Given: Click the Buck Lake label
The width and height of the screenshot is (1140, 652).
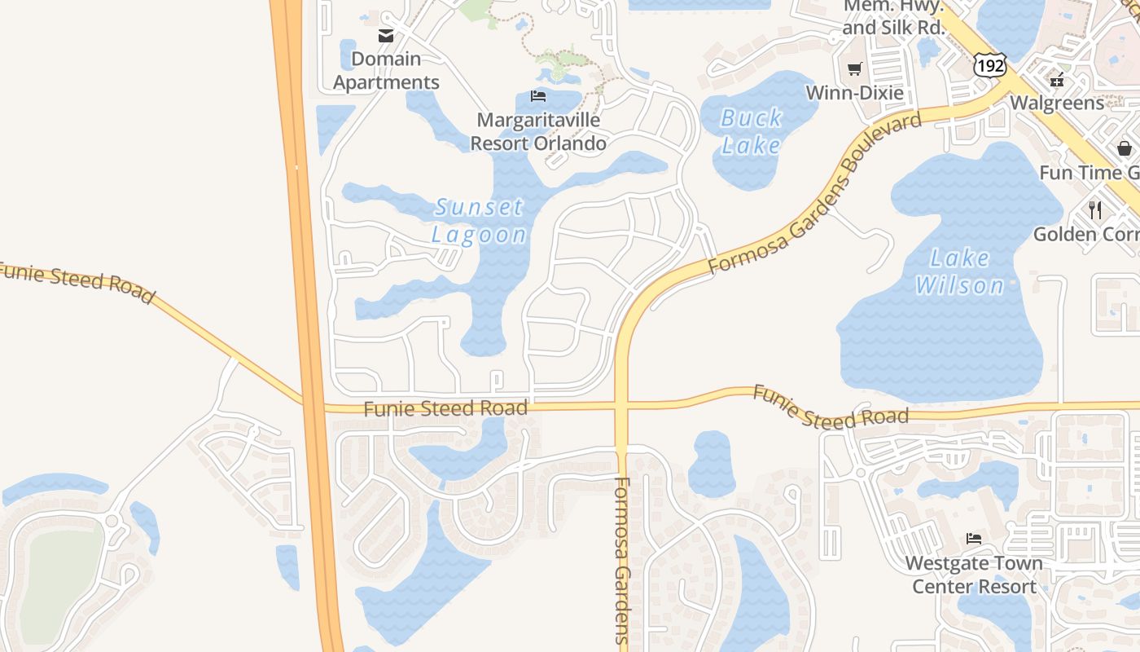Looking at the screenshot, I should [751, 131].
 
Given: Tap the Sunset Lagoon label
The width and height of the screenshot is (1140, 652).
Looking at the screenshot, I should [479, 221].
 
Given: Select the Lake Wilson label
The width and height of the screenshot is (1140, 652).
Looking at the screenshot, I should [960, 271].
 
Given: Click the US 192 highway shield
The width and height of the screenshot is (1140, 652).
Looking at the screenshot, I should [989, 65].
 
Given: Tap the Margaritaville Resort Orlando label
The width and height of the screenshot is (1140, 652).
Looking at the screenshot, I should [538, 131].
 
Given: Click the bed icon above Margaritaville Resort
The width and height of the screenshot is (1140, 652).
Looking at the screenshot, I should [538, 96].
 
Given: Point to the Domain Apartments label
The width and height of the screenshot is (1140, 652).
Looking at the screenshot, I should [386, 70].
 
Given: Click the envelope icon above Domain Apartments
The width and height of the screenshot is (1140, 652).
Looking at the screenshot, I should [386, 35].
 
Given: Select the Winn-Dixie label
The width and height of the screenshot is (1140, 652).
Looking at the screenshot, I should [854, 93].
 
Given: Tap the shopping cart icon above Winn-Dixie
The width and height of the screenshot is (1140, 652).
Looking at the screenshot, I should [854, 69].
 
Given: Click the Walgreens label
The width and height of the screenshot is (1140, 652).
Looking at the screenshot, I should [1057, 103].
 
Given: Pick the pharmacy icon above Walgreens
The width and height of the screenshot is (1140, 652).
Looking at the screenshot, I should [1057, 80].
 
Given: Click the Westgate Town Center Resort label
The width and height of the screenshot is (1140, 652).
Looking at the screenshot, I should [974, 575].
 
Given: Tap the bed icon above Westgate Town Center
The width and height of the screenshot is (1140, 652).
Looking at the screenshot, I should [973, 538].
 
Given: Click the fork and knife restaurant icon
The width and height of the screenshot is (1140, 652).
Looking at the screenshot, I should [1095, 210].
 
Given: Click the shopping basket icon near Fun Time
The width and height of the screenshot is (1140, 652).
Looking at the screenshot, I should [1125, 148].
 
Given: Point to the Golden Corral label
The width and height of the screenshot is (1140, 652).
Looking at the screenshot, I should [1086, 235].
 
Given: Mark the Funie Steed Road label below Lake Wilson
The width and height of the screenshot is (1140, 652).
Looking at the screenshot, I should [830, 407].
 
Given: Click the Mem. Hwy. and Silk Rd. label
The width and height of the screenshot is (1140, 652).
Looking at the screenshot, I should [892, 17].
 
